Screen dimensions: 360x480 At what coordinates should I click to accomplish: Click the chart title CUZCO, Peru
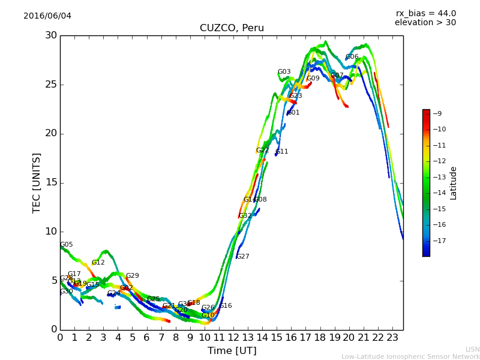[x=232, y=28]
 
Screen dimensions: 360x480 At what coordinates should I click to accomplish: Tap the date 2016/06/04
[x=47, y=16]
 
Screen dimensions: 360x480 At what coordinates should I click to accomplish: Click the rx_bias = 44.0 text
[x=425, y=13]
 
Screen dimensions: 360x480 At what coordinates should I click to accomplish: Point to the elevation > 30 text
[x=425, y=23]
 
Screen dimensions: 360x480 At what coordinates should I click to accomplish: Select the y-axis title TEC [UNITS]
[x=37, y=182]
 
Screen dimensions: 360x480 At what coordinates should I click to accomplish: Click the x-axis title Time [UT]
[x=232, y=351]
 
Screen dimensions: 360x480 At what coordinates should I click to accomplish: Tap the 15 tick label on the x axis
[x=277, y=338]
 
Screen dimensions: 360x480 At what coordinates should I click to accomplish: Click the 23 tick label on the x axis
[x=392, y=338]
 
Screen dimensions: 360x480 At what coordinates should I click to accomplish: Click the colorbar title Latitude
[x=454, y=183]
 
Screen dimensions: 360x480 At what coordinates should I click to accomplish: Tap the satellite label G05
[x=67, y=245]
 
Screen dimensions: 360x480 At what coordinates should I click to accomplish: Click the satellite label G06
[x=352, y=57]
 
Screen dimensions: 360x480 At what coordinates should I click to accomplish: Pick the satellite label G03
[x=284, y=72]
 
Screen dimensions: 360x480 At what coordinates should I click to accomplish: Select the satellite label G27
[x=242, y=257]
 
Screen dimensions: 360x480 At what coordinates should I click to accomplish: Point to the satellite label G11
[x=282, y=152]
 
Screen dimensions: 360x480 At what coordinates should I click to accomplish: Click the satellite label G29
[x=133, y=276]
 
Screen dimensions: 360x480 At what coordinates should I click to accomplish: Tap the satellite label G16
[x=226, y=306]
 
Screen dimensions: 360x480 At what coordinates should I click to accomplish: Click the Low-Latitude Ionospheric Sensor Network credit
[x=410, y=357]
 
